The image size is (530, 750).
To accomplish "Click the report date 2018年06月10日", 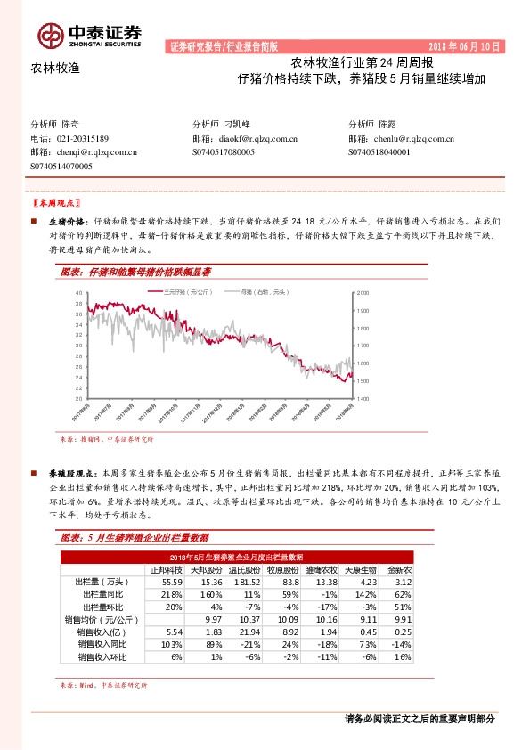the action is click(465, 46).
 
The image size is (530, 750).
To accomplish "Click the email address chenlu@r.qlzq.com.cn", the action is click(414, 139).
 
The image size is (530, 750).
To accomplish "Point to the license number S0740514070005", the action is click(61, 166).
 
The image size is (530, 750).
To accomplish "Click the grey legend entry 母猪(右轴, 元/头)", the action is click(247, 292).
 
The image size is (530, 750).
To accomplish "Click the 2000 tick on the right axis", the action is click(363, 293).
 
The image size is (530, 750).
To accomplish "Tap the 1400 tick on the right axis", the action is click(363, 398).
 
